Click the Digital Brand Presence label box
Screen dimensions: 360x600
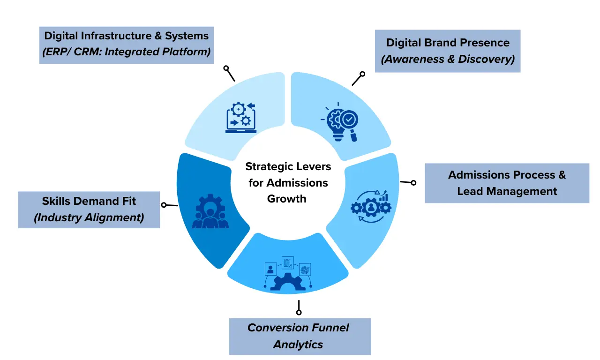(447, 51)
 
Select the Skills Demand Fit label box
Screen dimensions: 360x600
(89, 210)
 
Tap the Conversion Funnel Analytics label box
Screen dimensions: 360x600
(300, 336)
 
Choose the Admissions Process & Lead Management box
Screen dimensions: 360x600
(506, 183)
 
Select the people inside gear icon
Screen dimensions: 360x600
(210, 211)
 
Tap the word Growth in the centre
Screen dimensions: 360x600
(286, 198)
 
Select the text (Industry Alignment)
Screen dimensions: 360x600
(89, 217)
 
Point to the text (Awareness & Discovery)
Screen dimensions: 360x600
(447, 59)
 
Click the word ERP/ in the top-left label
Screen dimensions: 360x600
(56, 52)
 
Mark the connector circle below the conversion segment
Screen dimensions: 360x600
(299, 312)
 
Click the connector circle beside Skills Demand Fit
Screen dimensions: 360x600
(164, 205)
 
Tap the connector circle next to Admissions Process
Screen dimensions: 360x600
(413, 183)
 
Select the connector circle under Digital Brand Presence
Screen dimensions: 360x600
(362, 74)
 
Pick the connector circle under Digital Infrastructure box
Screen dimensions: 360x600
(226, 68)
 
